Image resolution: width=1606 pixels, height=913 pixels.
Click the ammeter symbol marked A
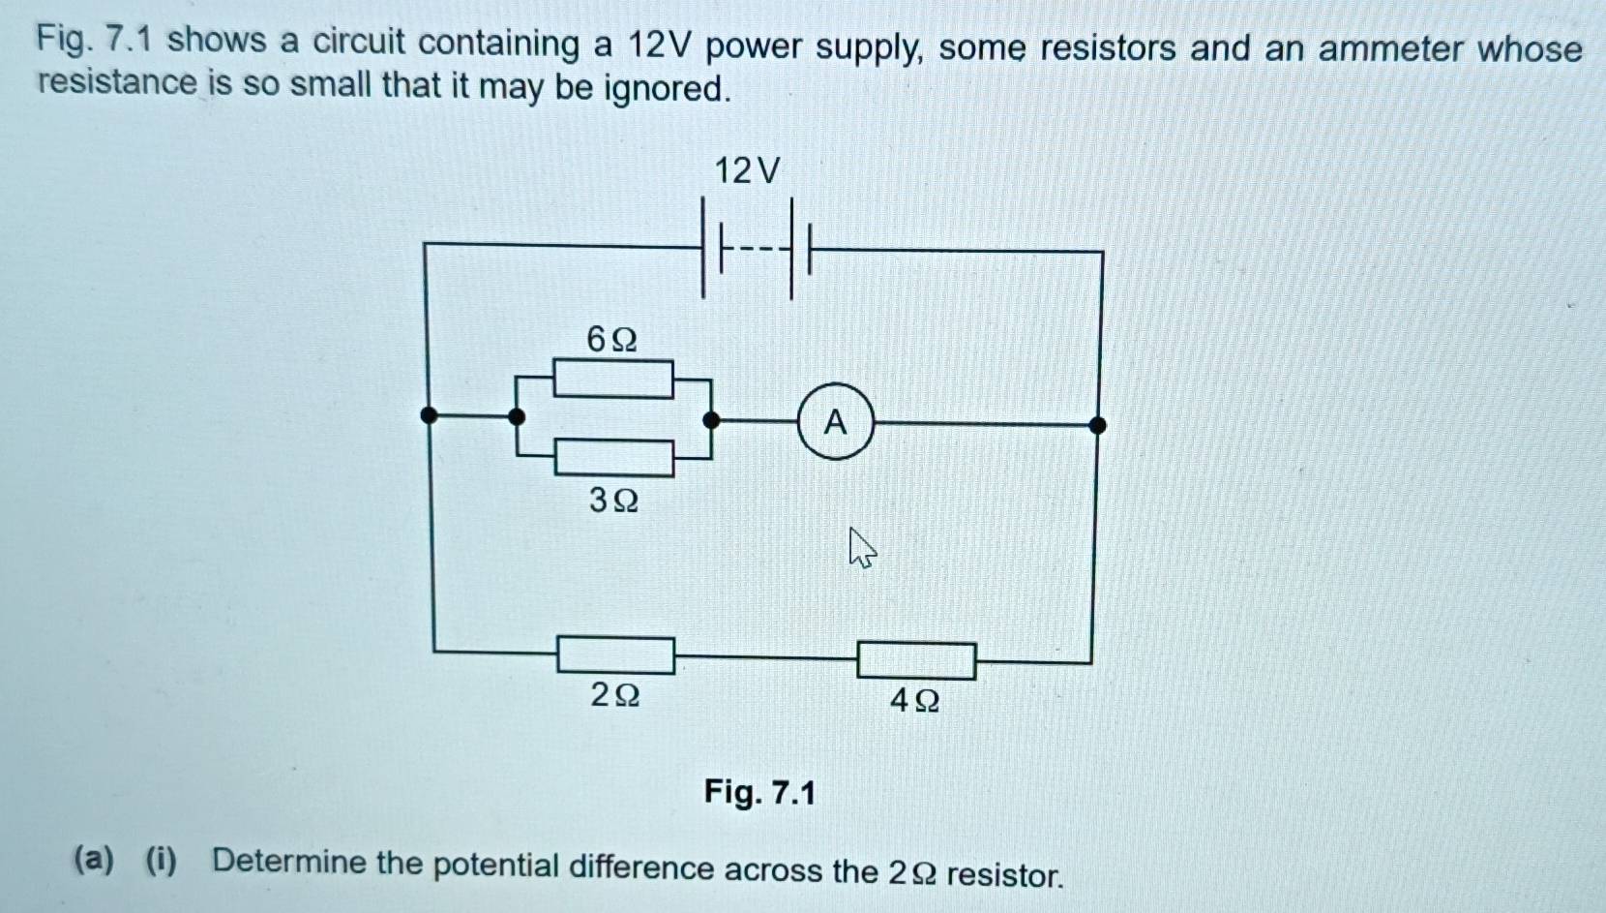coord(835,422)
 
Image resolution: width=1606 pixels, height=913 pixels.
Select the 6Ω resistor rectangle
coord(613,379)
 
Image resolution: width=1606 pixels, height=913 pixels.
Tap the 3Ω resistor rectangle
coord(614,457)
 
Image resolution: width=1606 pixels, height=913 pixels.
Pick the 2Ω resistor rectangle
coord(615,654)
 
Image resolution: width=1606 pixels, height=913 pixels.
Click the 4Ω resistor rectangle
coord(916,661)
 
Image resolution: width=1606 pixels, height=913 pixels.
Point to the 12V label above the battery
coord(746,171)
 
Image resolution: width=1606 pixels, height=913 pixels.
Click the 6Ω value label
coord(611,340)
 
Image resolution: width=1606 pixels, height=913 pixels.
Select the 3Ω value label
coord(613,501)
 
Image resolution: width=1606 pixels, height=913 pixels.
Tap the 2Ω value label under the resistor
coord(614,694)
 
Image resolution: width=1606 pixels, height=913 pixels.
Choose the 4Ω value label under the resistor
coord(914,700)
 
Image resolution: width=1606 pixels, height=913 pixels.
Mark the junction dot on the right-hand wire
coord(1097,425)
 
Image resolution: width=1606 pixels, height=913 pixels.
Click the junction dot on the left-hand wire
coord(429,416)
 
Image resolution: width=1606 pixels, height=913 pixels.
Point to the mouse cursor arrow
coord(861,547)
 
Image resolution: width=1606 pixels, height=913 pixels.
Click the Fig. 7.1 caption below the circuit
coord(759,793)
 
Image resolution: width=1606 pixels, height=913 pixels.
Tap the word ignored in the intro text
coord(667,89)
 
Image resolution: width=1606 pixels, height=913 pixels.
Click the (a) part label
coord(95,858)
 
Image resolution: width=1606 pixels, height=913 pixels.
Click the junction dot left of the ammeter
coord(711,419)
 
